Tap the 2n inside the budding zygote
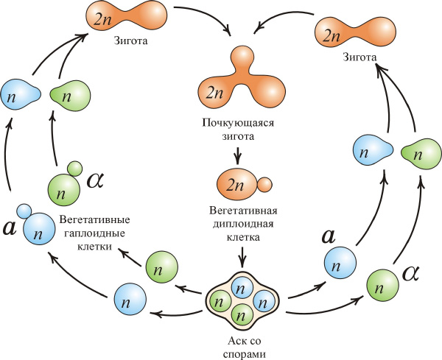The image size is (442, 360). pos(215,93)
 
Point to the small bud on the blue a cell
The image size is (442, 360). pos(24,212)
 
